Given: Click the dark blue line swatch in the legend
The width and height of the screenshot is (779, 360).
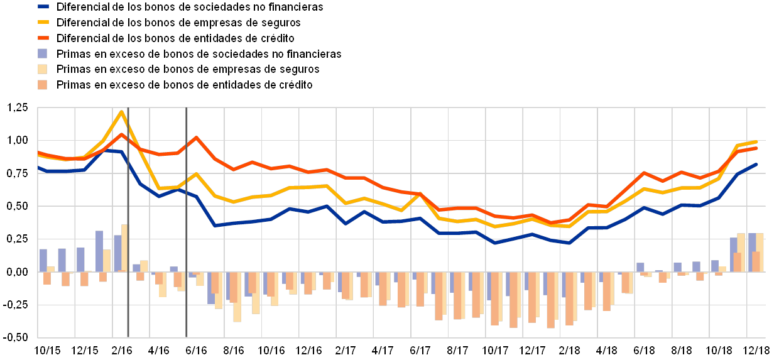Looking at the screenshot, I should [x=43, y=7].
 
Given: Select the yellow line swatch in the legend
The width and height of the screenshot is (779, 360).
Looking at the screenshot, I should [x=43, y=23].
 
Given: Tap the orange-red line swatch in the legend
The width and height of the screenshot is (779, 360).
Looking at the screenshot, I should [x=43, y=38].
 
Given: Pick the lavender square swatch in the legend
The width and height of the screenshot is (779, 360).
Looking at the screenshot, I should [x=43, y=54].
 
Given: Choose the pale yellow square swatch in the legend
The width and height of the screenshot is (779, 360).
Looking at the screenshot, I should [x=43, y=69].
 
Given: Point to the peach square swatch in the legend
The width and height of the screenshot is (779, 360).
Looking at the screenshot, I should [x=43, y=85].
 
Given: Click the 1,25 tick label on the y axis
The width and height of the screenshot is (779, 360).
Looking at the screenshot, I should [x=18, y=108].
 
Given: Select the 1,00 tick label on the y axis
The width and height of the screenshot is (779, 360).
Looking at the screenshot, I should [x=18, y=140].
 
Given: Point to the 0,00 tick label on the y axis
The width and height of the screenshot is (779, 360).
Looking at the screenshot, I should [x=18, y=272].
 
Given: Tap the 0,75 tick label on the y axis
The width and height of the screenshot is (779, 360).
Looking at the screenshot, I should [x=18, y=173].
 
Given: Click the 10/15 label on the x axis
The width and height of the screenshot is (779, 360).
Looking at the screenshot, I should [x=47, y=349].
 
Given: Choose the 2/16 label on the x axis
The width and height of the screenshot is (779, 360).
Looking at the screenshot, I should [x=122, y=349].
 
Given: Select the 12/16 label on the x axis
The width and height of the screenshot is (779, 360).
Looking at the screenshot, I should [x=308, y=349].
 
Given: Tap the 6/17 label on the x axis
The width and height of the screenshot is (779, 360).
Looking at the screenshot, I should [x=420, y=349].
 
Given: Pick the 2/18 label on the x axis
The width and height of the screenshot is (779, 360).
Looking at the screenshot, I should [x=569, y=349].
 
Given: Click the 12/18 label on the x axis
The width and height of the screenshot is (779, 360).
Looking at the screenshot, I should [x=756, y=349].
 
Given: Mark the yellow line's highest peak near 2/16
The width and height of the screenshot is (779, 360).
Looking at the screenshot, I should [x=122, y=112].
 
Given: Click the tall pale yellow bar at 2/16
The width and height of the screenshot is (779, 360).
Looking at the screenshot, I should [x=124, y=248].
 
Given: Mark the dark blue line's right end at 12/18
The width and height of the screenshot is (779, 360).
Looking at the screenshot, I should [x=756, y=165].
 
